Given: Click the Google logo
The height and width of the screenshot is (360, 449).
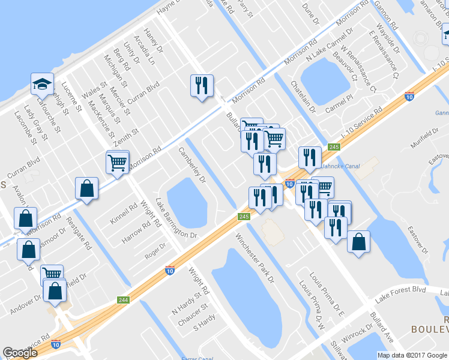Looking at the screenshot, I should coord(20,352).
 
